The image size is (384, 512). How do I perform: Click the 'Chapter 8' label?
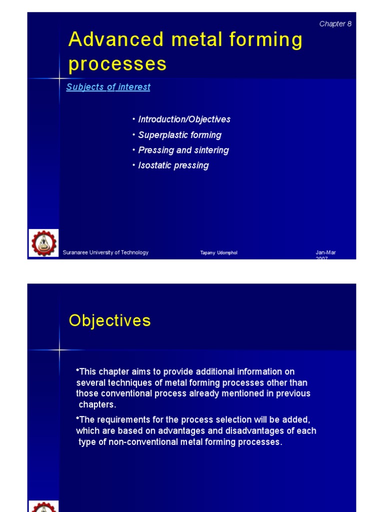[x=335, y=24]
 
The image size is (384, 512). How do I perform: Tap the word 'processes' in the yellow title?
[x=117, y=64]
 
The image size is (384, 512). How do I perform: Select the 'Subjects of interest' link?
[x=108, y=87]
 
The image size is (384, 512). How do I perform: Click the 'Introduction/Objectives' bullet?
[x=184, y=119]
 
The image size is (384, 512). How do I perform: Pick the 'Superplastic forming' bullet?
[x=179, y=135]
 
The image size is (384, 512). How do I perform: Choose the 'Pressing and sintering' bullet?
[x=183, y=150]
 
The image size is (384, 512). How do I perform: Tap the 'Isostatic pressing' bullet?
[x=173, y=165]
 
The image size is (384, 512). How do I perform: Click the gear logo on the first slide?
[x=43, y=243]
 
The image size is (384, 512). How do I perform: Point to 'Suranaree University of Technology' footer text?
[x=105, y=252]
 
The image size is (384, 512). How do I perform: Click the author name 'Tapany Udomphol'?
[x=218, y=253]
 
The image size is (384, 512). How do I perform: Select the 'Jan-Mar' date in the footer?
[x=325, y=252]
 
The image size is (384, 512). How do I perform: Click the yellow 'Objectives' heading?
[x=109, y=320]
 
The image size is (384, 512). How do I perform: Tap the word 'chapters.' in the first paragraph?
[x=97, y=404]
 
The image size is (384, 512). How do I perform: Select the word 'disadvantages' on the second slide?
[x=248, y=431]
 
